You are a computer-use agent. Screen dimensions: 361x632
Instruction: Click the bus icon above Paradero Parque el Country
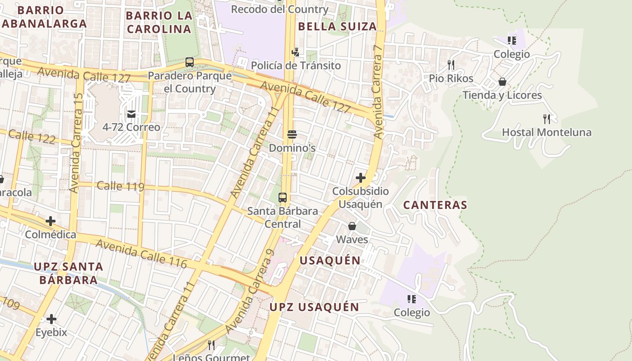[190, 62]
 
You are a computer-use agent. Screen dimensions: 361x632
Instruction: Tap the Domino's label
[292, 148]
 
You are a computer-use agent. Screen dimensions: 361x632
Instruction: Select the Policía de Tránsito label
[296, 65]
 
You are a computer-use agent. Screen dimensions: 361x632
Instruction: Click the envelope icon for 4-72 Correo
[131, 114]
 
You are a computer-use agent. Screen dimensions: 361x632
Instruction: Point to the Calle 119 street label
[121, 186]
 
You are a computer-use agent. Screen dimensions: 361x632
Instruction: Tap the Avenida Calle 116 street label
[141, 253]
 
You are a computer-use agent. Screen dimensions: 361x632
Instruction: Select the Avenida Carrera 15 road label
[76, 143]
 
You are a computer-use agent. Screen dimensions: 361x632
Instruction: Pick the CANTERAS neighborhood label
[435, 205]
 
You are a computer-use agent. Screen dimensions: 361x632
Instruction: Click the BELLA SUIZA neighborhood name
[338, 27]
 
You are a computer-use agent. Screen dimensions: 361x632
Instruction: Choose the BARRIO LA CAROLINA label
[158, 22]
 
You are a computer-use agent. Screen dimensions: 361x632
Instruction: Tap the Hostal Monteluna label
[547, 133]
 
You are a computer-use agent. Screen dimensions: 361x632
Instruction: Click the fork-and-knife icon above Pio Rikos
[451, 65]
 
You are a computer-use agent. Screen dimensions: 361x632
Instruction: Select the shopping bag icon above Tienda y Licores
[502, 82]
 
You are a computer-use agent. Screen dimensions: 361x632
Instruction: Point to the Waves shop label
[352, 240]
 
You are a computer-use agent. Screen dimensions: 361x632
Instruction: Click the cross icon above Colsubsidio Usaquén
[361, 178]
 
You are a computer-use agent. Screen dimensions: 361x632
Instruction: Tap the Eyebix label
[51, 333]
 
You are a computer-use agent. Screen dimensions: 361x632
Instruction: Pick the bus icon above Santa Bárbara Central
[283, 197]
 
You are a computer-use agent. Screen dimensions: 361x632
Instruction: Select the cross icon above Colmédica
[51, 221]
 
